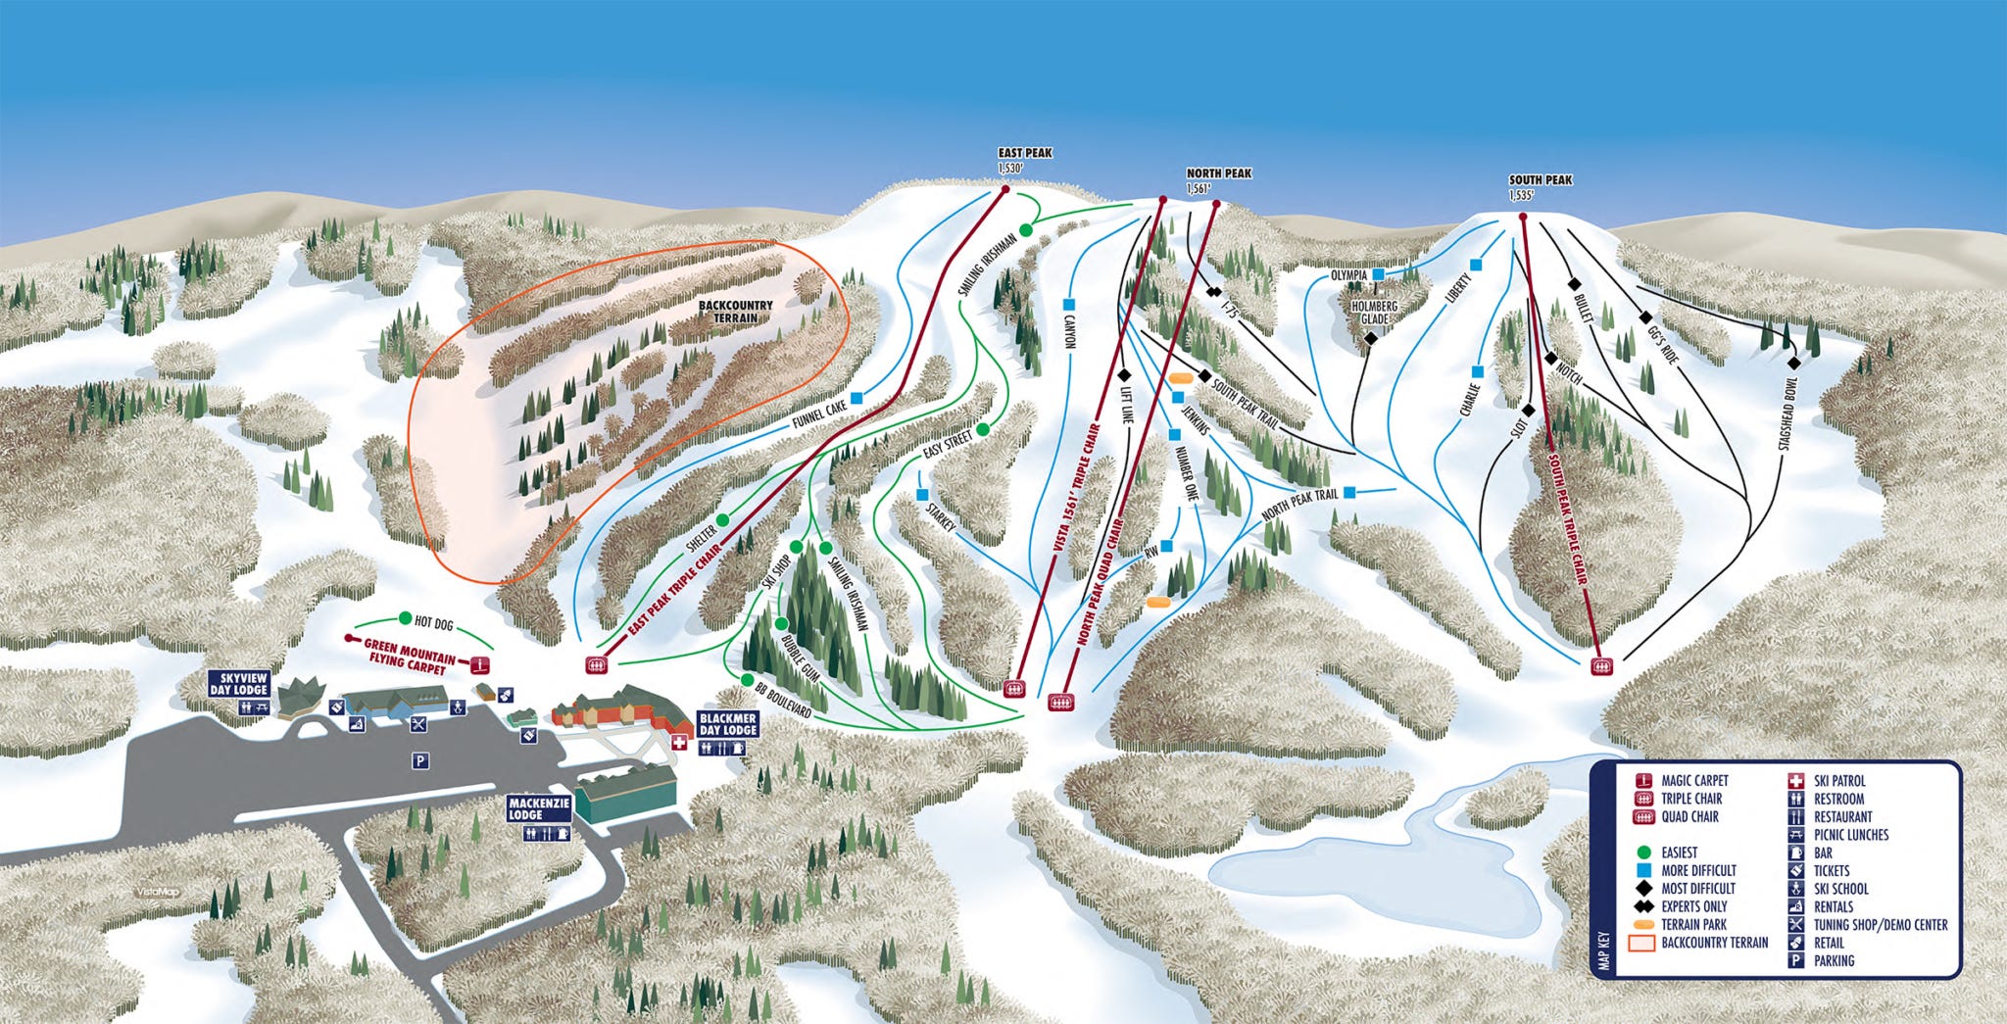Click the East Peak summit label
click(x=1024, y=154)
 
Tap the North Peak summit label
click(x=1218, y=174)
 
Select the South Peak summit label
click(x=1540, y=180)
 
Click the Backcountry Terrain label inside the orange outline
click(x=735, y=312)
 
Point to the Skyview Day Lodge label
click(x=238, y=684)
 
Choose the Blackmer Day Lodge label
click(x=727, y=724)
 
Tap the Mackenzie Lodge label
click(x=537, y=808)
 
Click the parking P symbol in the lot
click(x=419, y=761)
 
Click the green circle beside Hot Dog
click(x=405, y=619)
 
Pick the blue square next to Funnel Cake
click(x=857, y=398)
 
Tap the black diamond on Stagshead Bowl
click(x=1793, y=363)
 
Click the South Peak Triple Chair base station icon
click(x=1600, y=666)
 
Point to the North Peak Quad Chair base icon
click(x=1059, y=702)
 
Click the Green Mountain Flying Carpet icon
click(x=479, y=664)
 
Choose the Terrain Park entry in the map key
click(x=1694, y=924)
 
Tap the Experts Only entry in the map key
click(x=1694, y=906)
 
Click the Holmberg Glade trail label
click(x=1374, y=312)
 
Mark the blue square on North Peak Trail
click(x=1349, y=493)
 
